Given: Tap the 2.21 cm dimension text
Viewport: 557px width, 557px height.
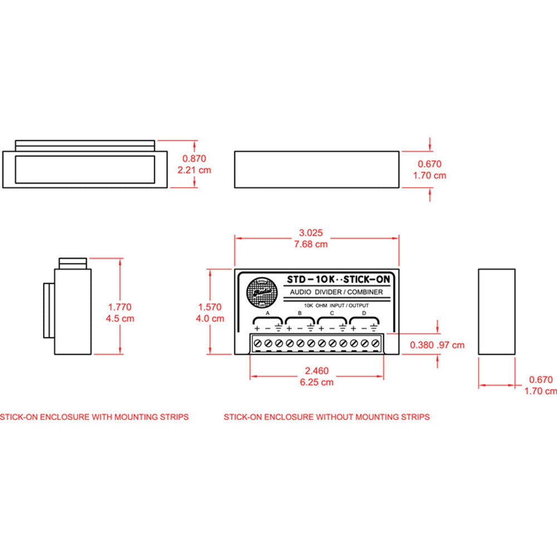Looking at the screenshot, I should tap(194, 170).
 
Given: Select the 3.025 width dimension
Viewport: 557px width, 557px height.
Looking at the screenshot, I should tap(311, 233).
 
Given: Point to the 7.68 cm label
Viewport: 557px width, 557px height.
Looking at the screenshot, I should tap(311, 244).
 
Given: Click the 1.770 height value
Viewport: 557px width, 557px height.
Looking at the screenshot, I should tap(119, 307).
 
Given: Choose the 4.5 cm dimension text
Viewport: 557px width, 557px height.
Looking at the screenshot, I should tap(119, 319).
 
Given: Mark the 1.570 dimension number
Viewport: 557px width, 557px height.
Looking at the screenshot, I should tap(209, 307).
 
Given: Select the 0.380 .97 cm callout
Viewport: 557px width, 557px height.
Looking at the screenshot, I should tap(437, 345).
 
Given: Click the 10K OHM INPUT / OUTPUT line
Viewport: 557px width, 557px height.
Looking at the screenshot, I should tap(336, 305).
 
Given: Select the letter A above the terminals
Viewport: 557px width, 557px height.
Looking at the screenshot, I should tap(267, 314).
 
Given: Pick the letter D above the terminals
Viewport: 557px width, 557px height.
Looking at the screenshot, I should tap(364, 314).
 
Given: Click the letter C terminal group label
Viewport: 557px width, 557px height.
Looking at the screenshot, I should tap(332, 314).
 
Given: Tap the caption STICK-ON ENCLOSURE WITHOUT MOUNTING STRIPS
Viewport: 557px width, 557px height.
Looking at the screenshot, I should tap(326, 417).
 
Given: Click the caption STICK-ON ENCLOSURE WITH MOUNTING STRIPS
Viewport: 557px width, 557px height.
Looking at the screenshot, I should tap(94, 417).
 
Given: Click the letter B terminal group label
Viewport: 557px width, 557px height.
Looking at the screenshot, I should tap(300, 314).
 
